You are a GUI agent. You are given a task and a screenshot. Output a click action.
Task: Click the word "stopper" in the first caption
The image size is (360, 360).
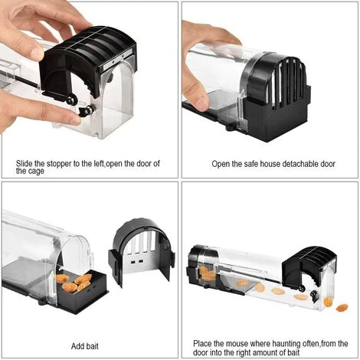point(59,164)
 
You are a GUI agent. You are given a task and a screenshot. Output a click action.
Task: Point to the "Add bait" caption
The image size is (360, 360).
point(85,346)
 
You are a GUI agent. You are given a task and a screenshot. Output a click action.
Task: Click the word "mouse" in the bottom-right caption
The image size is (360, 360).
point(236,344)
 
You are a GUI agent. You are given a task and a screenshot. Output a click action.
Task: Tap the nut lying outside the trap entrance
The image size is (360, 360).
point(342,308)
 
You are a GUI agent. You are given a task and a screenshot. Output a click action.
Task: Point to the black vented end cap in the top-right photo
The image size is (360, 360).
point(277,98)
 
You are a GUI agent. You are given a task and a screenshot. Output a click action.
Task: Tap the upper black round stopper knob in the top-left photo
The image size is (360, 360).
point(72,100)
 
